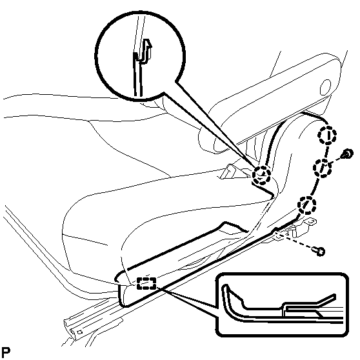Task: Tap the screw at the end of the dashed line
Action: pos(319,251)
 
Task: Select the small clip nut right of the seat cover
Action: pos(347,154)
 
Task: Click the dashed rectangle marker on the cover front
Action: pos(146,283)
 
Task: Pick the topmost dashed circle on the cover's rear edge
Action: pos(327,135)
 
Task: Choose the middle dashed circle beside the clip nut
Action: pos(323,168)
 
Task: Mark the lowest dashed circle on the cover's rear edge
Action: pos(306,205)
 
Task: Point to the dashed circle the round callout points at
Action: pos(261,175)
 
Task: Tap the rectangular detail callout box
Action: pos(282,305)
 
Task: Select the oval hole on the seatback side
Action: pos(326,88)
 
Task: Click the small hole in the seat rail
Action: pos(80,332)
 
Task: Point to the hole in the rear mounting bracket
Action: pos(310,222)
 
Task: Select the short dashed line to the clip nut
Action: pos(335,161)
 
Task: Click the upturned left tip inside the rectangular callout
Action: pos(225,287)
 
